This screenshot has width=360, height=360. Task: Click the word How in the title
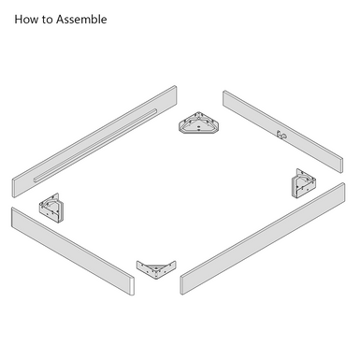[x=26, y=20]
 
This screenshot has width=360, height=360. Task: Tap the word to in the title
[x=47, y=20]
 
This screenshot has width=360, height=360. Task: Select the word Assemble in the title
[x=81, y=20]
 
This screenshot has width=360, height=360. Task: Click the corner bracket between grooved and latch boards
[x=199, y=123]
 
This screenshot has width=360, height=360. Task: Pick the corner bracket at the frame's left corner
[x=51, y=208]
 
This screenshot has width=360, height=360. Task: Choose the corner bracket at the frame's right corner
[x=304, y=184]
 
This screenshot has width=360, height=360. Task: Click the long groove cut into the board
[x=95, y=145]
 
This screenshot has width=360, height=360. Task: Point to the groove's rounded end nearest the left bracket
[x=36, y=180]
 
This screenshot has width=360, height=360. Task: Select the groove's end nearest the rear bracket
[x=154, y=111]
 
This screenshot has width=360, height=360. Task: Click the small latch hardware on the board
[x=281, y=135]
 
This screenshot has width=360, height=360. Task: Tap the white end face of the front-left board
[x=132, y=285]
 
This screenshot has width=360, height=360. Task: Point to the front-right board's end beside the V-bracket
[x=181, y=285]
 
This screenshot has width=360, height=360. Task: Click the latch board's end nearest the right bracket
[x=341, y=166]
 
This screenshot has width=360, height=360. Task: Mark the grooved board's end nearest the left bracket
[x=13, y=188]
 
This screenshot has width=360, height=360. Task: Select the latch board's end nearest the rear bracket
[x=224, y=98]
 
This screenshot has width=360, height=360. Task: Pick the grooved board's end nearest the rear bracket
[x=176, y=95]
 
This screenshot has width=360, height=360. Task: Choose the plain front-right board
[x=263, y=238]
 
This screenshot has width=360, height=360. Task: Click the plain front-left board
[x=73, y=252]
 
